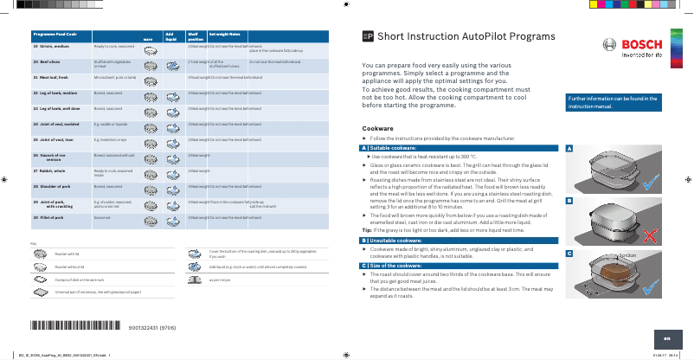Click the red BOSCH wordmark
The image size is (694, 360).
641,44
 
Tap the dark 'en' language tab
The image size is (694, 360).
667,338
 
